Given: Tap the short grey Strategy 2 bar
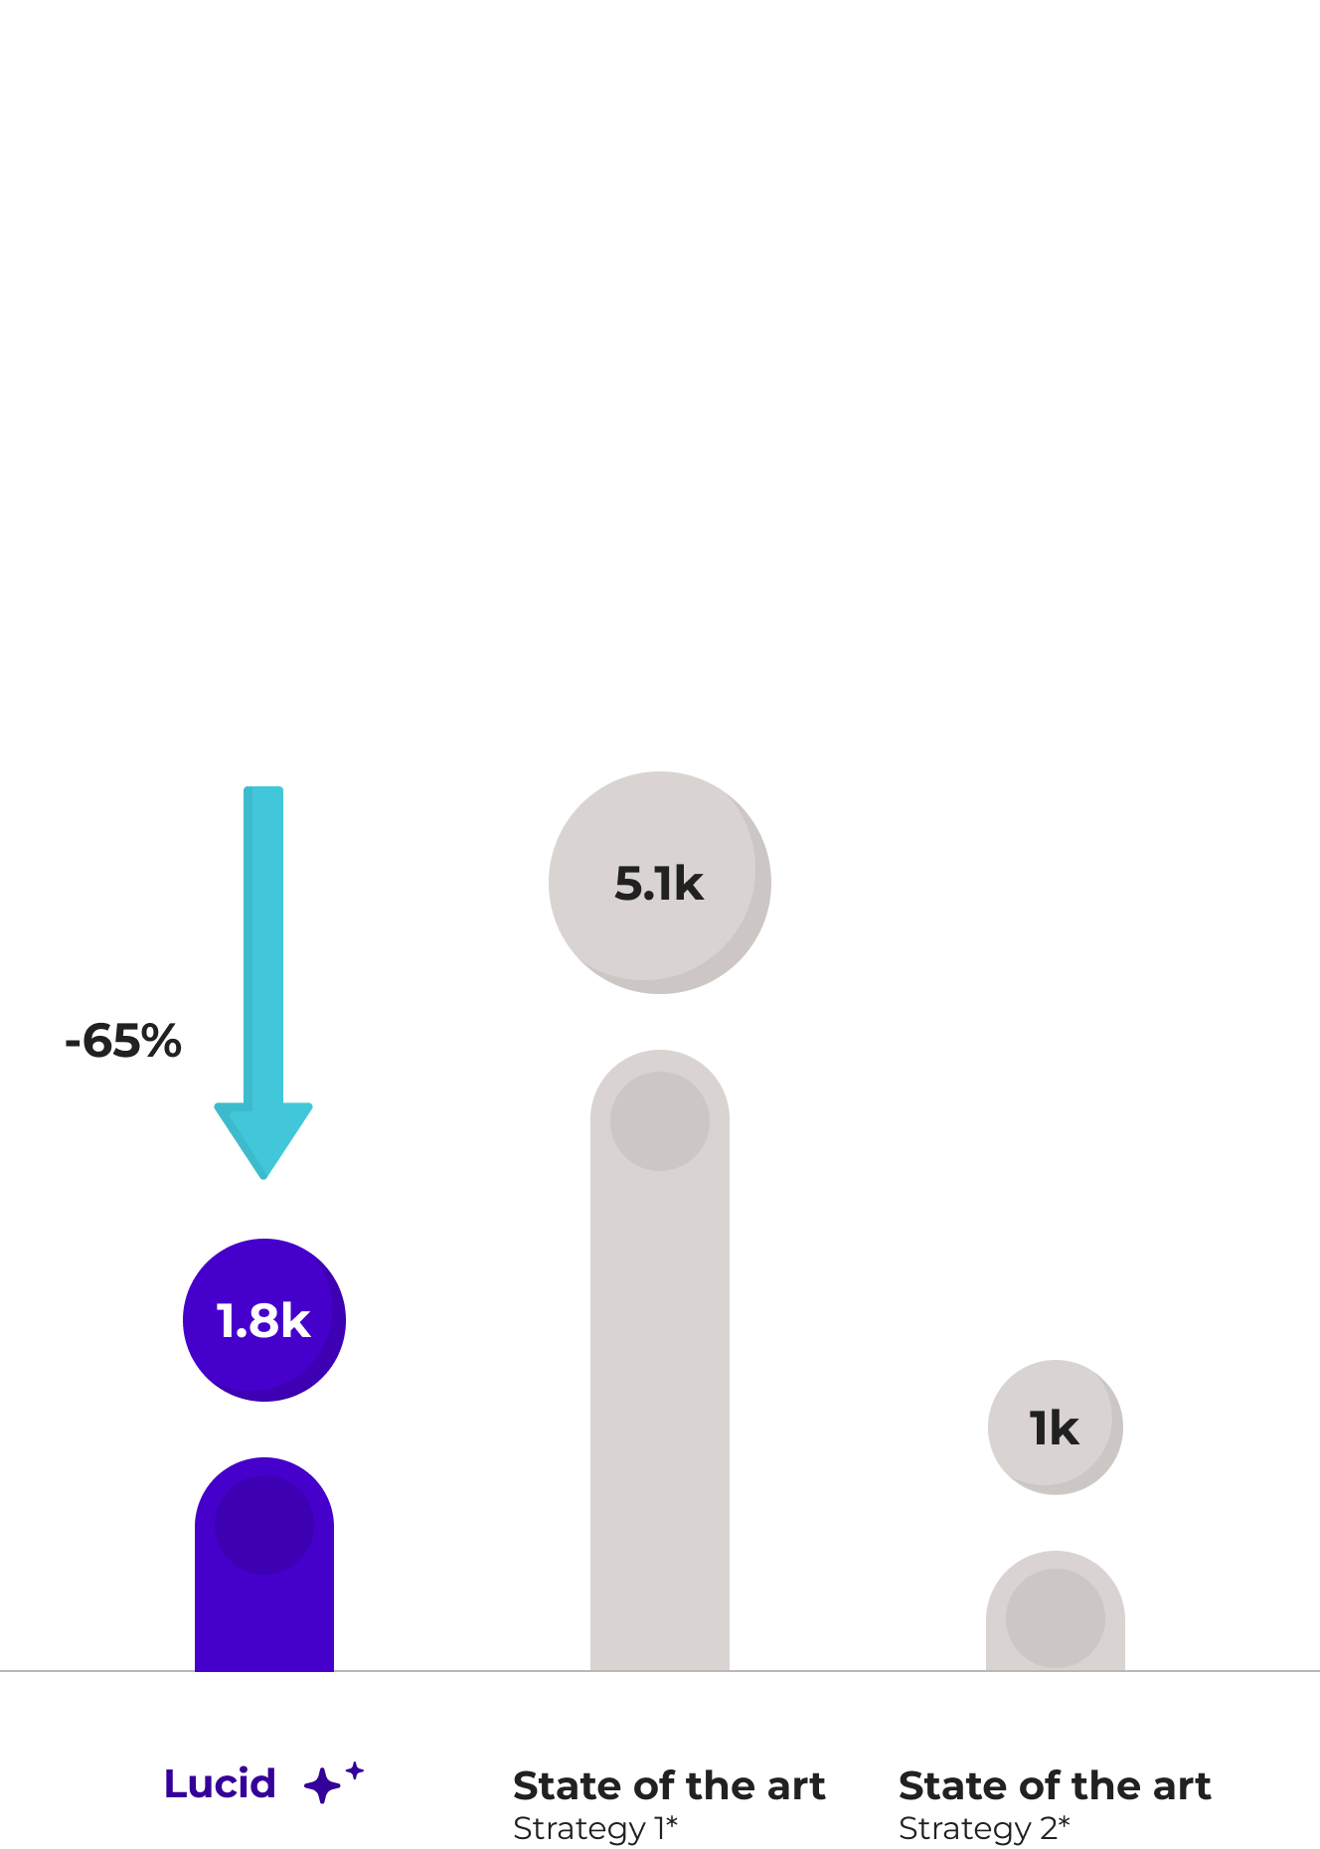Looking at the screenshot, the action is coord(1056,1645).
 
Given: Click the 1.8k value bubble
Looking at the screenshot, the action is coord(264,1320).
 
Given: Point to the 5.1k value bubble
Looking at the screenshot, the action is coord(660,883).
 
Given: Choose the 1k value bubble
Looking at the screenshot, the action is coord(1056,1428).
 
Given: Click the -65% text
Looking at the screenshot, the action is coord(123,1041).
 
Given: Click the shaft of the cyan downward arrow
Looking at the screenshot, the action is coord(263,944).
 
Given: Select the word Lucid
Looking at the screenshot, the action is coord(220,1784).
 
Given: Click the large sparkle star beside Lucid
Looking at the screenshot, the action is coord(322,1786).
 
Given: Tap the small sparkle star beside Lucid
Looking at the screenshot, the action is coord(355,1770).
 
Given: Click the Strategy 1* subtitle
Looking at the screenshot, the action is coord(595,1828).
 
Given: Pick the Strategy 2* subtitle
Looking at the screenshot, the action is coord(984,1828).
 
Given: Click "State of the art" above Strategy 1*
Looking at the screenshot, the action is coord(669,1786).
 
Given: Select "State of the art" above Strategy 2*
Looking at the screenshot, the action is coord(1055,1786).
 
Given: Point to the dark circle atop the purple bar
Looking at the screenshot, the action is coord(264,1524).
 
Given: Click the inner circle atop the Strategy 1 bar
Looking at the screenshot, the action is coord(660,1121).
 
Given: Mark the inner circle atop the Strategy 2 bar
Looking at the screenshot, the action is coord(1056,1618).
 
